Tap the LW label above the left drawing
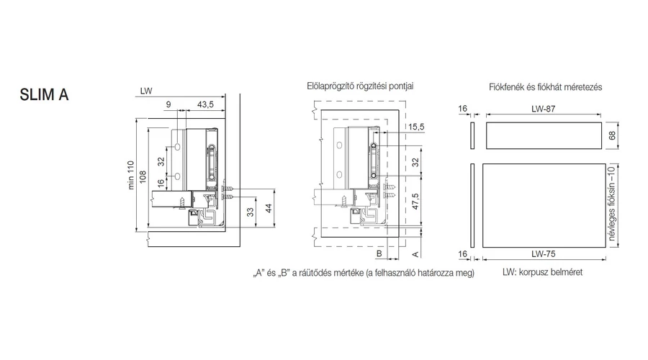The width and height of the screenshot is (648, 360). [x=146, y=91]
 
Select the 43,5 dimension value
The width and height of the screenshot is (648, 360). [x=205, y=105]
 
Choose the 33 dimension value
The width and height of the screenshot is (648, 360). [x=250, y=212]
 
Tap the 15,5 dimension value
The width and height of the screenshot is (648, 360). [x=415, y=127]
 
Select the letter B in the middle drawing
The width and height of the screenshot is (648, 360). [x=377, y=254]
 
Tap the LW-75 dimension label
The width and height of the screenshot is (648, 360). [x=545, y=254]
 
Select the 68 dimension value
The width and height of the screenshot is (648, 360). [x=613, y=135]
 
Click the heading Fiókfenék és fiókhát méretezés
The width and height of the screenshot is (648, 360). [x=544, y=87]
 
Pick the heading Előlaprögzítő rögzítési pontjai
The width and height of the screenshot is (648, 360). [x=360, y=86]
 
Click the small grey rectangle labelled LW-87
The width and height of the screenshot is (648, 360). [x=543, y=135]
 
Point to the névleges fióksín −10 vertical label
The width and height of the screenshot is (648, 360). [x=612, y=206]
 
